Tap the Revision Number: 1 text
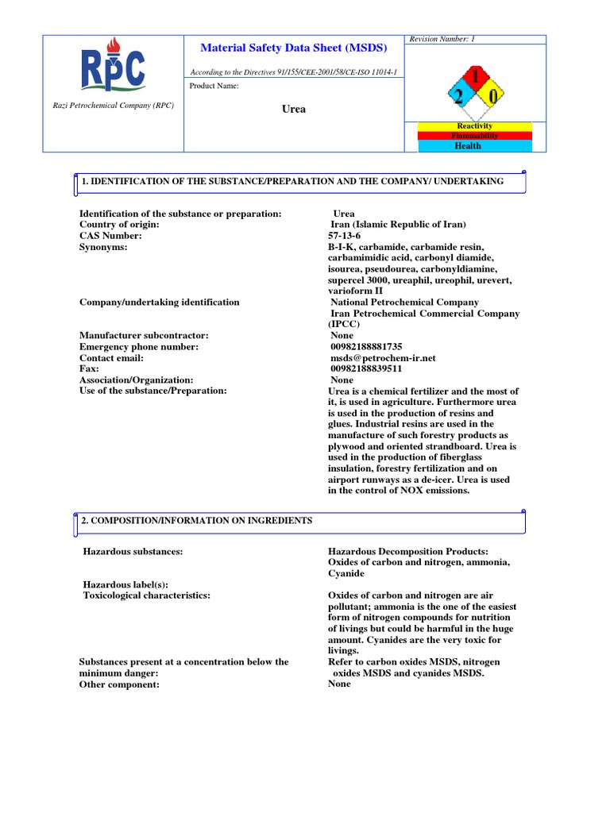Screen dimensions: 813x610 point(442,39)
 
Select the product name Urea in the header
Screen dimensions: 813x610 point(294,109)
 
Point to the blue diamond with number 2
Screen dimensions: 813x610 point(458,97)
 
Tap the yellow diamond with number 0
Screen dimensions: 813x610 point(492,97)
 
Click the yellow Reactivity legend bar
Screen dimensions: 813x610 point(475,126)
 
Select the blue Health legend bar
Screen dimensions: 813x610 point(475,146)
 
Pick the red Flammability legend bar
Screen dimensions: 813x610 point(475,136)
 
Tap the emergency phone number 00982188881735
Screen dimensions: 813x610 point(366,347)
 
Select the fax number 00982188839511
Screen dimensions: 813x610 point(366,369)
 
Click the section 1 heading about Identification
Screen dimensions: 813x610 point(292,182)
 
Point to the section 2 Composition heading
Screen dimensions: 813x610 point(197,521)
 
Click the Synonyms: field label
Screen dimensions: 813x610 point(103,247)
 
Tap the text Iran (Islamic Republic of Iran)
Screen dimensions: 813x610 point(398,225)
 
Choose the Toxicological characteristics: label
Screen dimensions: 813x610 point(147,595)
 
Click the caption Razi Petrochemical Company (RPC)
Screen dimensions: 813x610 point(113,106)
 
